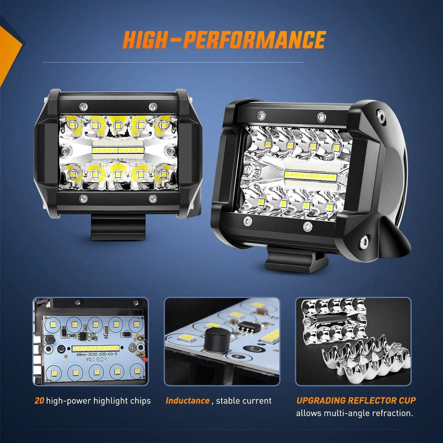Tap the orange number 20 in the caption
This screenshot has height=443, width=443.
(x=39, y=401)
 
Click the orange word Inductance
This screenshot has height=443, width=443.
(x=187, y=401)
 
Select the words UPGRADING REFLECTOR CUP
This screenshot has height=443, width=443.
(x=356, y=400)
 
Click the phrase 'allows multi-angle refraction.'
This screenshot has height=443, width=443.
(x=354, y=413)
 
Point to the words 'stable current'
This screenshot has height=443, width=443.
(x=244, y=401)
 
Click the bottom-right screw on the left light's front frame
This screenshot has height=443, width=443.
(x=153, y=199)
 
